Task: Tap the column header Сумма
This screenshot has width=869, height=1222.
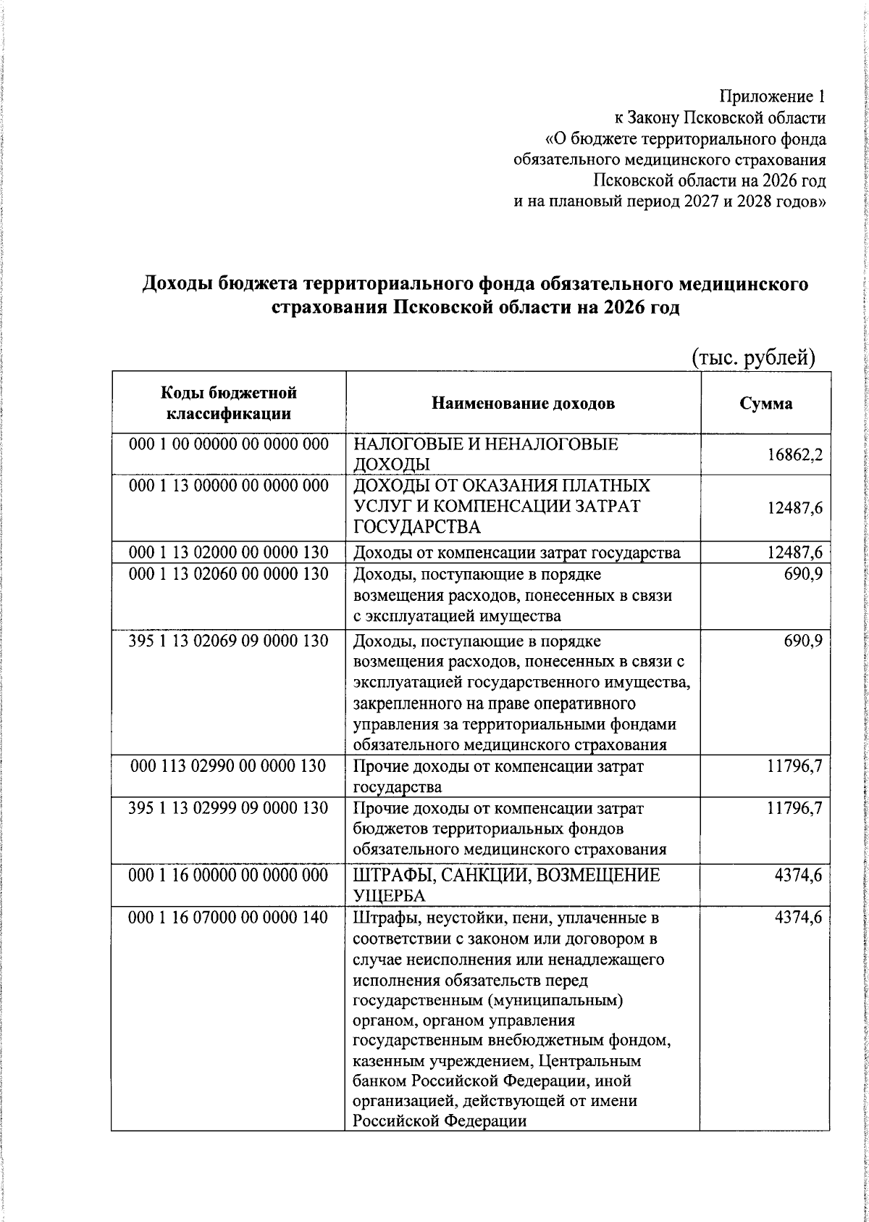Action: coord(765,404)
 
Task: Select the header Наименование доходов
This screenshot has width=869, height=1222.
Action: coord(523,404)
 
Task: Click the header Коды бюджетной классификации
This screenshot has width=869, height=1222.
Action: coord(229,404)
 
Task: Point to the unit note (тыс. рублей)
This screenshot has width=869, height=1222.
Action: coord(754,357)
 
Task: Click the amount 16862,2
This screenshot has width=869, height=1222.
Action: coord(794,456)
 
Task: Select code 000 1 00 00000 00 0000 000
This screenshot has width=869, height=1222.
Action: coord(229,444)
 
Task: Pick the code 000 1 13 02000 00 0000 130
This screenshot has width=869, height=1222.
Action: coord(229,553)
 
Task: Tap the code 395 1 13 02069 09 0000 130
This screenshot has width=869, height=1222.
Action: coord(229,641)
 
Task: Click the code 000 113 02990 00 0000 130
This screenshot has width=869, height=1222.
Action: coord(229,766)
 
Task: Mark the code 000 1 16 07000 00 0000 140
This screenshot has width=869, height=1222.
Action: coord(229,918)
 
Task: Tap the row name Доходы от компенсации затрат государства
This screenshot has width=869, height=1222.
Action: coord(516,554)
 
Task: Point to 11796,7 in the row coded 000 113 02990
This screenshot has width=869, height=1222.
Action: coord(794,766)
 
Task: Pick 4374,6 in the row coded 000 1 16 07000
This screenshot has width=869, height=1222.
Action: coord(798,918)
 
